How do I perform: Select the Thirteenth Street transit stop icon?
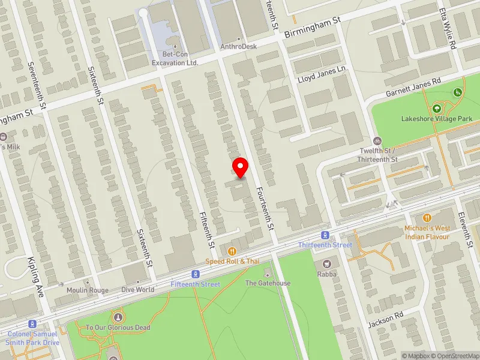pyautogui.click(x=325, y=235)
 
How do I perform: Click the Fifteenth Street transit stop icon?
pyautogui.click(x=195, y=274)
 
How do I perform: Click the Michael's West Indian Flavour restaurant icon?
pyautogui.click(x=427, y=218)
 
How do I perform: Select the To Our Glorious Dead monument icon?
pyautogui.click(x=118, y=317)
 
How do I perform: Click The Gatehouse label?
pyautogui.click(x=268, y=283)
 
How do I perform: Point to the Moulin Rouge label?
pyautogui.click(x=88, y=290)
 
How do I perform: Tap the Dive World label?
pyautogui.click(x=138, y=290)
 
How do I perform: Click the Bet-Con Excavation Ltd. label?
pyautogui.click(x=175, y=58)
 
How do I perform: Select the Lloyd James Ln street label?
pyautogui.click(x=322, y=74)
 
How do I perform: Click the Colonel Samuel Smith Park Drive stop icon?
pyautogui.click(x=32, y=324)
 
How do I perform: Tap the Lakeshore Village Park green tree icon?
pyautogui.click(x=436, y=109)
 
